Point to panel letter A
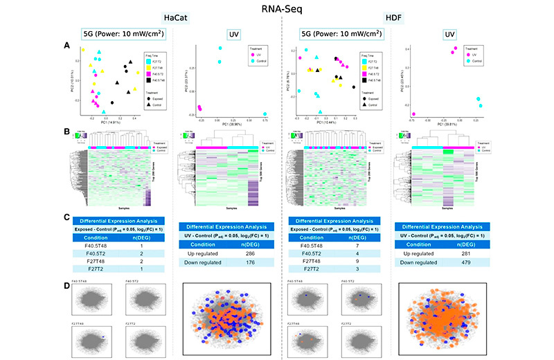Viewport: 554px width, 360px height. (x=66, y=45)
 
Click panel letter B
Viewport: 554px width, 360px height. (x=66, y=131)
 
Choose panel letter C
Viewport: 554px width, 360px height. (x=66, y=216)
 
